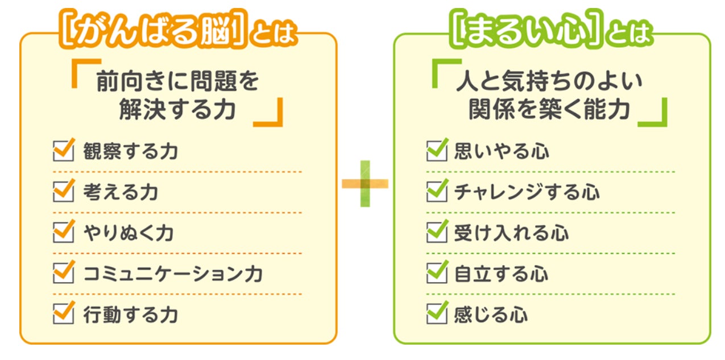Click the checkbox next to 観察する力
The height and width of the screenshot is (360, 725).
pos(63,152)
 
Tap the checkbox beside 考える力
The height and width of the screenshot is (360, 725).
pos(63,192)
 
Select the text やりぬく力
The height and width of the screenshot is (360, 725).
pos(128,233)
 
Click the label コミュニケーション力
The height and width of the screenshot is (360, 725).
pos(173,274)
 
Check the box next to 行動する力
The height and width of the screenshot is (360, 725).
pos(63,314)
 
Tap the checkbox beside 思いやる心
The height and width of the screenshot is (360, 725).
pos(436,152)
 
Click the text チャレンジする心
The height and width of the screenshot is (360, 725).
pos(527,192)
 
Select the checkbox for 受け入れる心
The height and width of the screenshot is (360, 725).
pos(436,233)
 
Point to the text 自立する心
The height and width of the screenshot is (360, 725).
pos(501,274)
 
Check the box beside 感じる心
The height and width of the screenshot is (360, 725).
pos(436,314)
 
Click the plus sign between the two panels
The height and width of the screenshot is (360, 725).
pos(365,183)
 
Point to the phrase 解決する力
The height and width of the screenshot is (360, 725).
pos(177,110)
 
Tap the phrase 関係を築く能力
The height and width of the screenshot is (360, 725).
pos(549,110)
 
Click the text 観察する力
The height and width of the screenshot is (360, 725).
pos(130,152)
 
